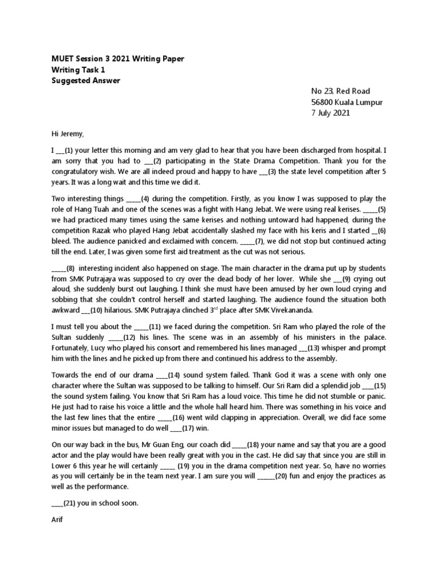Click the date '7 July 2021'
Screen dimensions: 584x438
tap(331, 113)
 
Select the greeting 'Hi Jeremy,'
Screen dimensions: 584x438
tap(67, 135)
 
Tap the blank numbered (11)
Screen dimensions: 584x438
tap(144, 327)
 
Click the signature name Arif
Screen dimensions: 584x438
tap(58, 520)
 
